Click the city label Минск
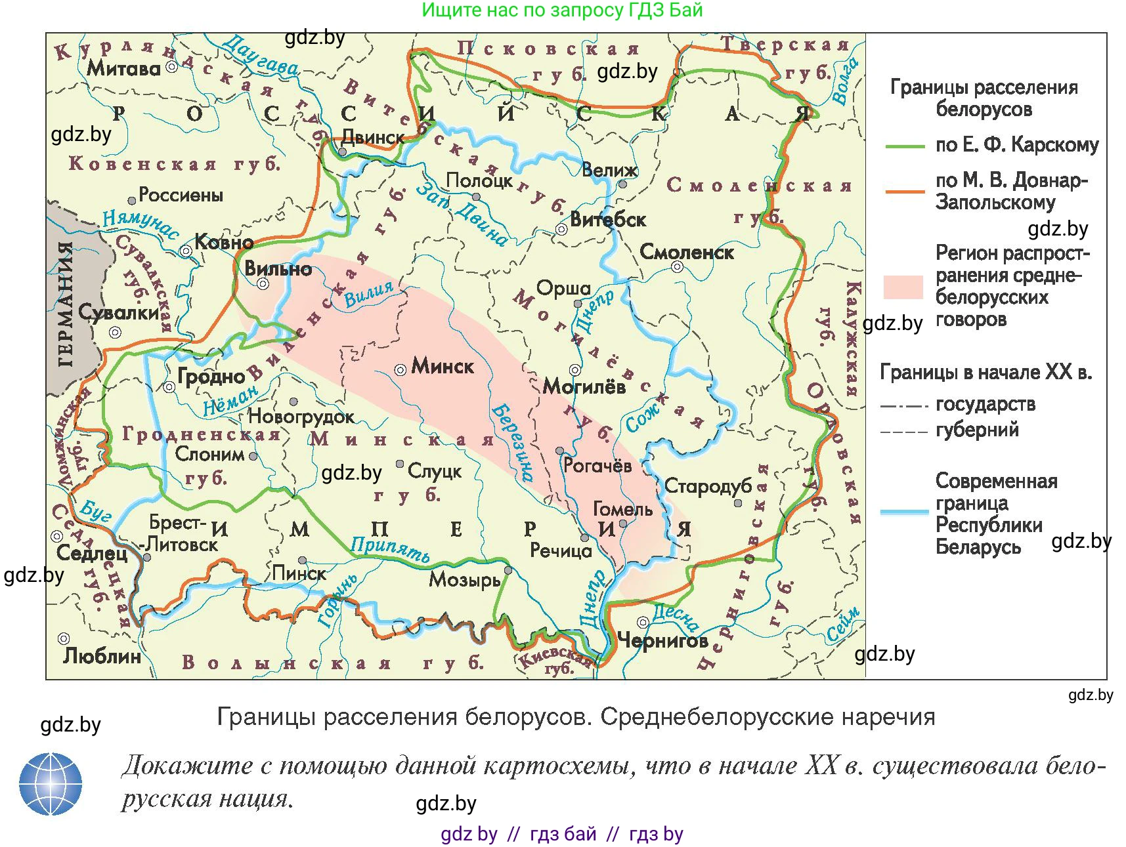(442, 366)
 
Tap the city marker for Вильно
(263, 283)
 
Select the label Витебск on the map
(608, 219)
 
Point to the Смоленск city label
(686, 252)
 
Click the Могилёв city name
(584, 386)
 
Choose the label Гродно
(211, 377)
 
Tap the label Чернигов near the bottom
(662, 640)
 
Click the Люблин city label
(102, 655)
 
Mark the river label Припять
(390, 550)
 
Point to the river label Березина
(513, 442)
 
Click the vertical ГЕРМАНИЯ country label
(66, 305)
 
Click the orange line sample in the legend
(904, 192)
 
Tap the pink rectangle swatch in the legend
(903, 287)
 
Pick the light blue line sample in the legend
(904, 512)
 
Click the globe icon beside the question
(51, 783)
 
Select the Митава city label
(123, 68)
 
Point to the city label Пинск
(299, 573)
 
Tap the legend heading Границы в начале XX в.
(985, 372)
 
